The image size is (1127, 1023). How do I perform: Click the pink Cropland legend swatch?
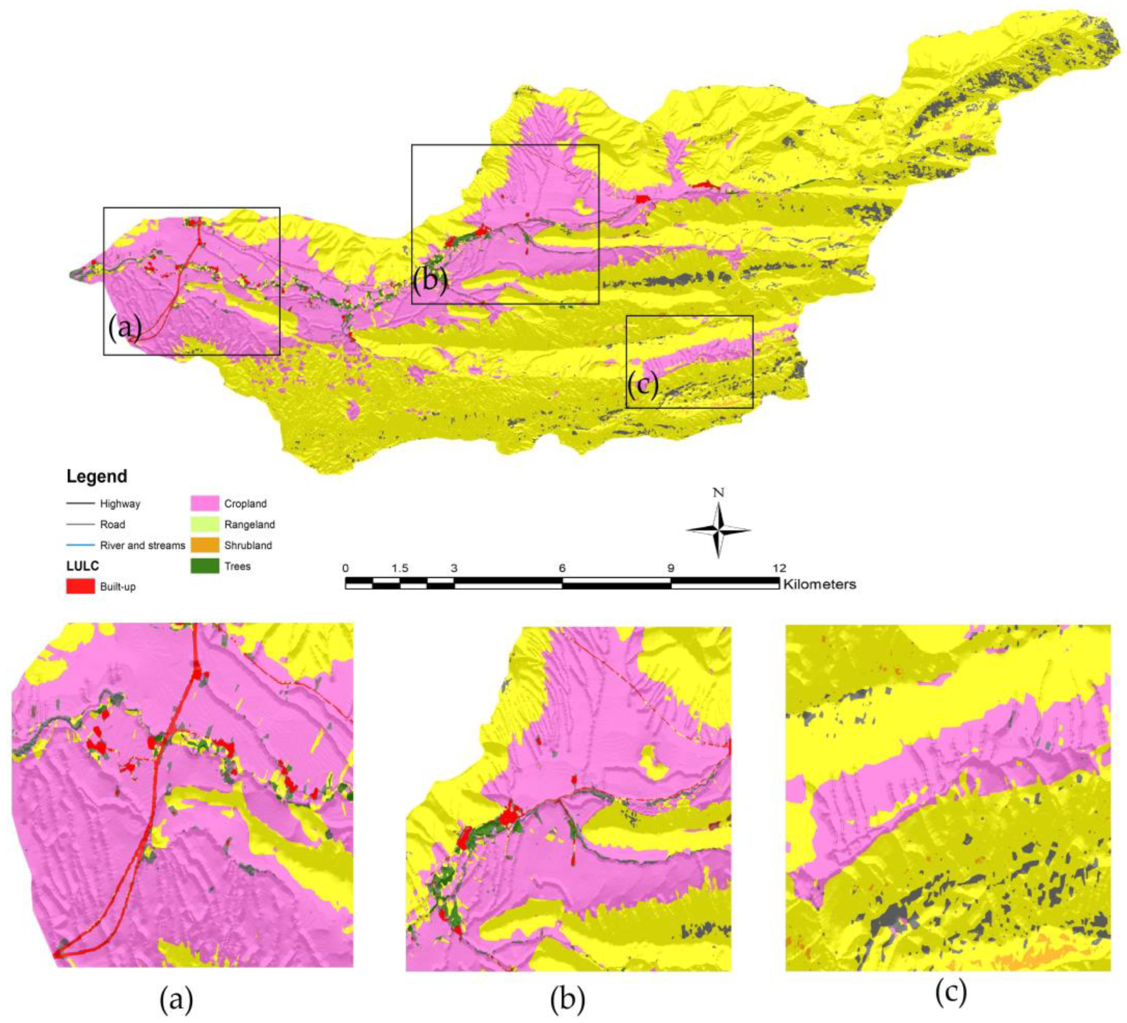[204, 503]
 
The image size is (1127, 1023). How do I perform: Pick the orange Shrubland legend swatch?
[204, 545]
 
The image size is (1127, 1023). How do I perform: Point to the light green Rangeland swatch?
[204, 524]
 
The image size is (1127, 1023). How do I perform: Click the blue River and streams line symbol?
[80, 545]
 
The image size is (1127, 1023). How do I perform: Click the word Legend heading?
[97, 476]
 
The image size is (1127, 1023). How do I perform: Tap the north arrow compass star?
[719, 530]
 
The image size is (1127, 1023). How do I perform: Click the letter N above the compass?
[719, 492]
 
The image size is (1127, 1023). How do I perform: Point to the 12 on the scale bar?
[779, 568]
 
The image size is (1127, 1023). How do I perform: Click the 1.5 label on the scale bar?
[400, 568]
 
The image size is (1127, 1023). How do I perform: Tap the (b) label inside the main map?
[430, 279]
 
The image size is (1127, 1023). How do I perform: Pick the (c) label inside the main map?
[642, 385]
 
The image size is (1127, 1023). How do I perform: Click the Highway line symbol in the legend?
[80, 504]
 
